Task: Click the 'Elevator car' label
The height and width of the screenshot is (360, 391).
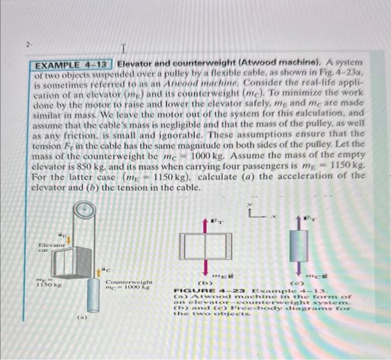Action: click(51, 247)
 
